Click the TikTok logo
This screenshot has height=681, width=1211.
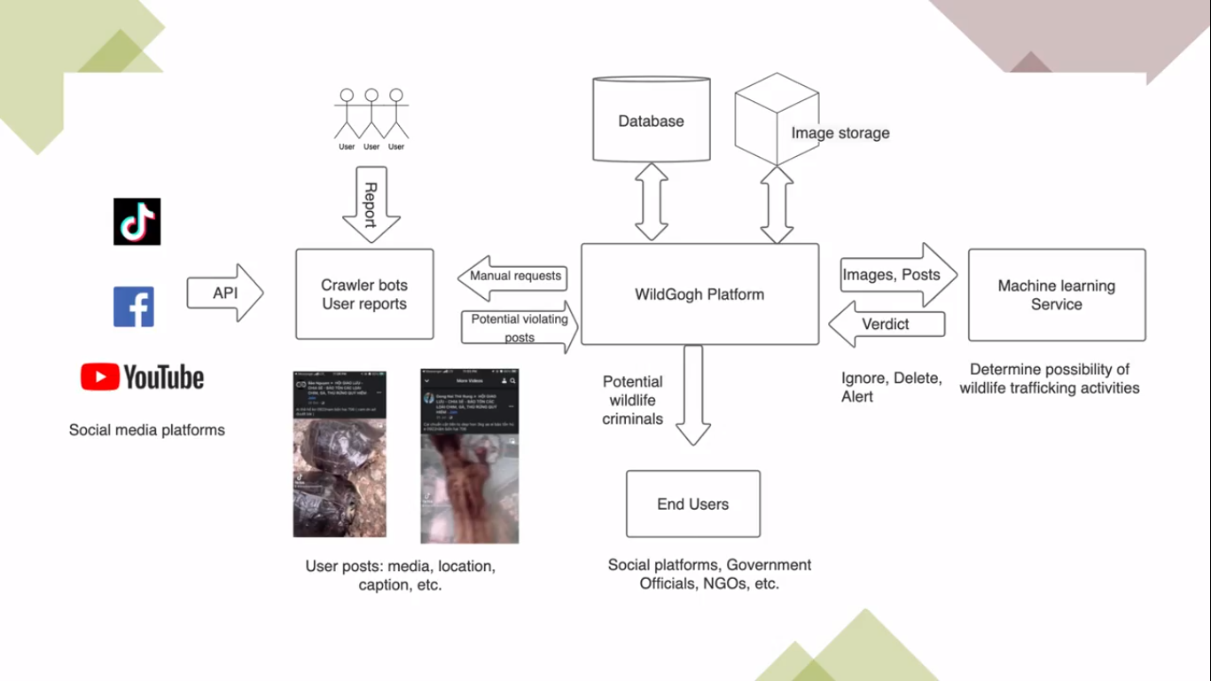(x=137, y=222)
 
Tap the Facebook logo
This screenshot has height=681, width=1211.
(x=134, y=307)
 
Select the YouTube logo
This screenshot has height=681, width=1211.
(x=143, y=377)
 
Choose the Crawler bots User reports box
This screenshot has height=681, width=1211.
(x=364, y=294)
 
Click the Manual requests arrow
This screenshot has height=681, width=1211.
(x=512, y=278)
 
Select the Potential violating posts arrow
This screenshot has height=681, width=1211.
(x=520, y=327)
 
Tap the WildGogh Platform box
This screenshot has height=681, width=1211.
(x=699, y=294)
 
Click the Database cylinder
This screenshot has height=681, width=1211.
(x=652, y=121)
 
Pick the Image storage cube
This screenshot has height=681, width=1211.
(x=776, y=119)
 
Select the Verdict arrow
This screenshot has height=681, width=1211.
(x=887, y=325)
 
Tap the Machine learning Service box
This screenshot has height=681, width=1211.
(x=1057, y=295)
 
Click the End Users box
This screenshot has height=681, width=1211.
(x=693, y=504)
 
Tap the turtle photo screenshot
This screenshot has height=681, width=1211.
(x=340, y=453)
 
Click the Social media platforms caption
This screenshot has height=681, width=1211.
(x=147, y=430)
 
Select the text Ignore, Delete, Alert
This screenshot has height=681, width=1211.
(x=891, y=387)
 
